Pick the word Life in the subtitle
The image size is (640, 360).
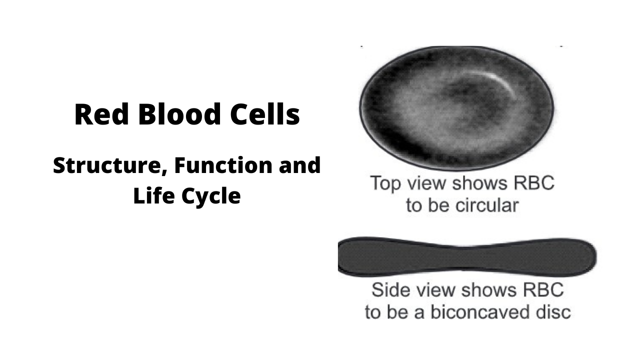pos(151,195)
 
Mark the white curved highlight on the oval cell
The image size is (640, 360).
pos(500,80)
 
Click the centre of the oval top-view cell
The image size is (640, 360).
pos(456,107)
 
